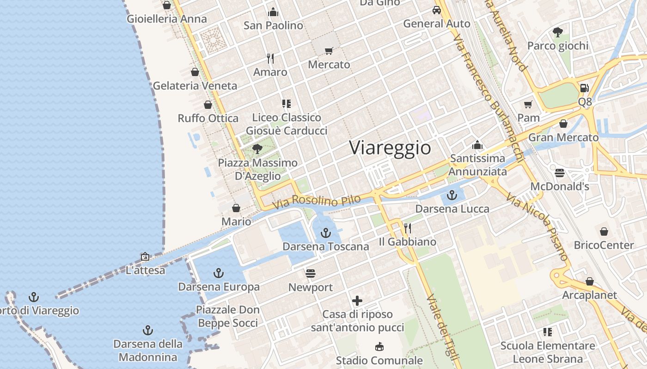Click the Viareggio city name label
(x=390, y=148)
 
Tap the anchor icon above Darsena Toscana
(x=326, y=232)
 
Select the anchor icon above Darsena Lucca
(x=452, y=195)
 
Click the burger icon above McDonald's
(x=560, y=173)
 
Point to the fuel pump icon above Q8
(x=585, y=88)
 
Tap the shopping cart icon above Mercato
(x=329, y=51)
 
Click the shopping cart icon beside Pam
(x=528, y=104)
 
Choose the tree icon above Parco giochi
(x=558, y=32)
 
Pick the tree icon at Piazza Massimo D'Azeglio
(x=257, y=149)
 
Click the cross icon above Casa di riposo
(x=357, y=301)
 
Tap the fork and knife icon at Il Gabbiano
(x=408, y=228)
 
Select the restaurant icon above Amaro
(x=270, y=59)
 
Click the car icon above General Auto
(x=436, y=10)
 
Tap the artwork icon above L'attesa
(x=145, y=256)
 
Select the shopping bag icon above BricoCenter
(x=604, y=232)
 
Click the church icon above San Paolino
(x=273, y=12)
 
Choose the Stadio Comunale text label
(x=379, y=360)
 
